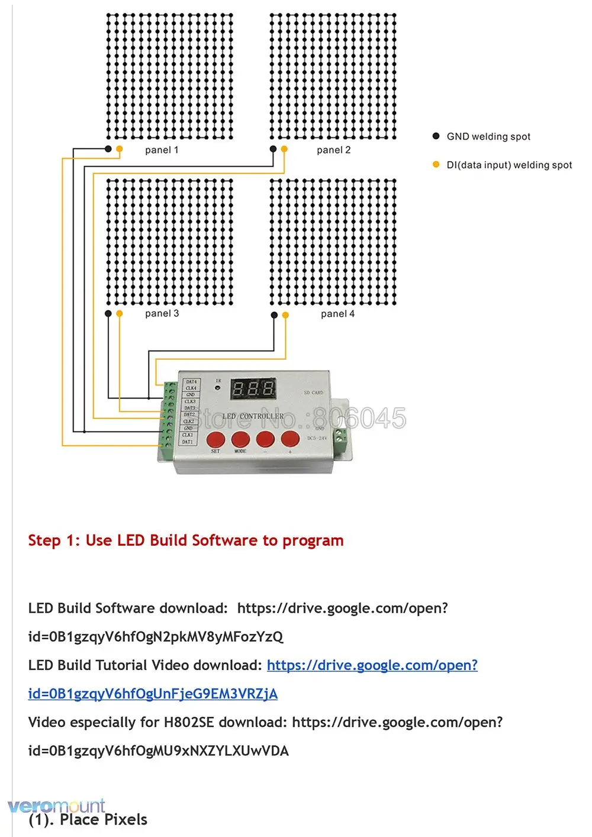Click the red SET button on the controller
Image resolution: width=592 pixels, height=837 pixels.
coord(215,439)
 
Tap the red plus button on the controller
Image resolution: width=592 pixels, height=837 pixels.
coord(290,439)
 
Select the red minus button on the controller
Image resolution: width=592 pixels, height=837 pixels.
coord(265,439)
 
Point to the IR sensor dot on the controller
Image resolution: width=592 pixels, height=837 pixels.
coord(217,388)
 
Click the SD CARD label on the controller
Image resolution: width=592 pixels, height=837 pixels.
coord(314,392)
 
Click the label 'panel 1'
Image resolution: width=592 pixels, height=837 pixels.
coord(162,150)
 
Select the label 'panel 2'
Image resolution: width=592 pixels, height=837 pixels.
coord(333,150)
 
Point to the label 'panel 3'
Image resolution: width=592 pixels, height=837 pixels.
coord(162,314)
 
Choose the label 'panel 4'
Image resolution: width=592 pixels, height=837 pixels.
coord(337,314)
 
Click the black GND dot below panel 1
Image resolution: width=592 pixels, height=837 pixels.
coord(108,149)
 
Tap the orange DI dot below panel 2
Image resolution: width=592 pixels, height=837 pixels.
coord(284,149)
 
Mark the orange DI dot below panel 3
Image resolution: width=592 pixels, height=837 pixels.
coord(120,314)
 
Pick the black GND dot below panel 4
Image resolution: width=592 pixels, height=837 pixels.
coord(274,316)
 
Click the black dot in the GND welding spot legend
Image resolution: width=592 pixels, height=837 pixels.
coord(436,136)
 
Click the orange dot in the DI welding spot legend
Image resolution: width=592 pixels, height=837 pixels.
coord(436,165)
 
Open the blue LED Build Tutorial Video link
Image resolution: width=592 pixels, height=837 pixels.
coord(372,665)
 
